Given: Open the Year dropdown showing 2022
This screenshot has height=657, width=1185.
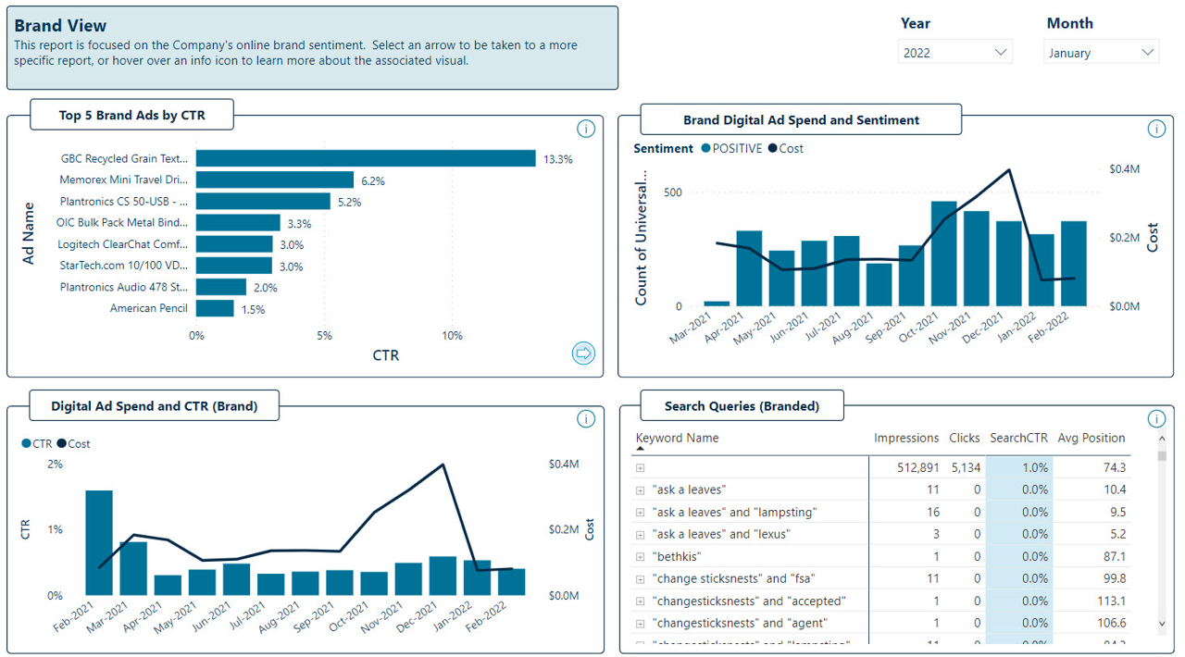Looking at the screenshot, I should coord(954,53).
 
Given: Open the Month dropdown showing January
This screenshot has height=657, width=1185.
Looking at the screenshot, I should coord(1101,53).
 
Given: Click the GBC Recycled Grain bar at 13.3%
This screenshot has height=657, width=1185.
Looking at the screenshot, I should coord(366,159).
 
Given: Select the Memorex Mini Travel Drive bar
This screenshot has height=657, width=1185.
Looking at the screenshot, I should coord(275,180).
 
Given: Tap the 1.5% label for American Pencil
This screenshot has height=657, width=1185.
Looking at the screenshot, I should coord(253,310).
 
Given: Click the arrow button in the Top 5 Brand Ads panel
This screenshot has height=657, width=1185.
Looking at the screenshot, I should coord(583,353).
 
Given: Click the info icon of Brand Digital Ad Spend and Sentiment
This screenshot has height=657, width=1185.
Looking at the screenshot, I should coord(1155,129).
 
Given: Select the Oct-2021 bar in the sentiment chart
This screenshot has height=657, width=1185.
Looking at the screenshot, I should coord(944,254).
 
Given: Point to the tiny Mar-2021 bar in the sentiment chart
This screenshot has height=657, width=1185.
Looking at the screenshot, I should coord(717,304).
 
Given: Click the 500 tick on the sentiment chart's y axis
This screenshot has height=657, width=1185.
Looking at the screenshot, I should coord(672,192).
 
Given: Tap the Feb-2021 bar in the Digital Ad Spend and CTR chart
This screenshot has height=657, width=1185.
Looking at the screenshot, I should coord(99,542).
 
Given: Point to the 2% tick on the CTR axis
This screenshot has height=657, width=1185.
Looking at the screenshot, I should coord(56,465).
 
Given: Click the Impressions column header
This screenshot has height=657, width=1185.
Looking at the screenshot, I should coord(905,439).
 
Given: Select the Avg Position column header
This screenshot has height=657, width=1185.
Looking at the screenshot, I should coord(1091,439).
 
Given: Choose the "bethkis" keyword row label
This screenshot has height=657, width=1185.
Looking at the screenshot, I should coord(677,557).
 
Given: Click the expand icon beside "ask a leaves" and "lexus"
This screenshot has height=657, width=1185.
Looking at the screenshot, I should coord(640,535).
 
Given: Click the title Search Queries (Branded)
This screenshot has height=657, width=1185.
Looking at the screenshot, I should coord(742,406).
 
